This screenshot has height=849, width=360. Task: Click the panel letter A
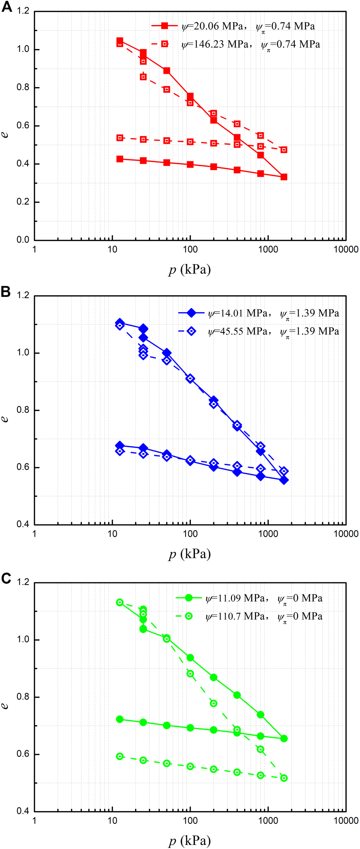(7, 7)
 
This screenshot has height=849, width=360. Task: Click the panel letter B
(6, 291)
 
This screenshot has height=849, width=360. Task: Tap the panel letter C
(6, 578)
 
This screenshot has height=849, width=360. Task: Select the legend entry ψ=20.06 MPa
(232, 26)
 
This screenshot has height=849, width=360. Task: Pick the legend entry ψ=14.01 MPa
(258, 313)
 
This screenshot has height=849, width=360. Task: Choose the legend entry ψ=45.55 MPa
(258, 331)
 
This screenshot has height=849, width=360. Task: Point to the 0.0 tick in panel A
(23, 240)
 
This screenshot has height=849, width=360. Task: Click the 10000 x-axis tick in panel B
(346, 534)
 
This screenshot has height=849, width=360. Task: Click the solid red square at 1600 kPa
(284, 177)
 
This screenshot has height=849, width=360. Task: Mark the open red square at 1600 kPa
(284, 150)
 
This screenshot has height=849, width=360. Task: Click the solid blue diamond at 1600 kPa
(284, 480)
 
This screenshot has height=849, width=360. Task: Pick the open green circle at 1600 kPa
(284, 778)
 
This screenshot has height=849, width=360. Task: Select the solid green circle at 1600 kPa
(284, 739)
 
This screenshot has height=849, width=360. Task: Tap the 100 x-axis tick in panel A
(190, 249)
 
